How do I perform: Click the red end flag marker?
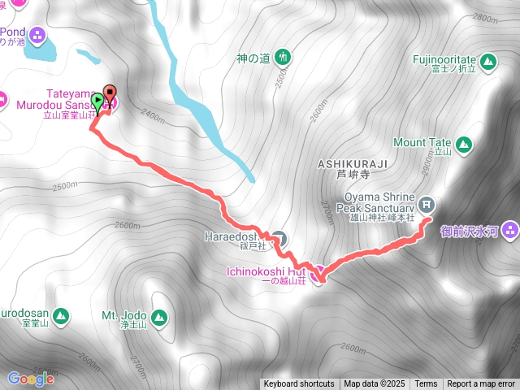pyautogui.click(x=110, y=93)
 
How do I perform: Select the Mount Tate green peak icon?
pyautogui.click(x=462, y=145)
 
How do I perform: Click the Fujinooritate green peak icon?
pyautogui.click(x=487, y=62)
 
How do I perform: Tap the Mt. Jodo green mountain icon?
pyautogui.click(x=158, y=317)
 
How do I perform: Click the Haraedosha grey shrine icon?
pyautogui.click(x=279, y=238)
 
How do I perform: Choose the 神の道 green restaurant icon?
pyautogui.click(x=282, y=58)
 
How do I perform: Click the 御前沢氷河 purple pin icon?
pyautogui.click(x=510, y=230)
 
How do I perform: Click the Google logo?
pyautogui.click(x=31, y=379)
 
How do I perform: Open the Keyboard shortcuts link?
pyautogui.click(x=298, y=384)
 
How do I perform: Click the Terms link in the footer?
pyautogui.click(x=426, y=384)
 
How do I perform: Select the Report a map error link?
pyautogui.click(x=481, y=384)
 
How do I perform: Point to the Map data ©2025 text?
pyautogui.click(x=373, y=384)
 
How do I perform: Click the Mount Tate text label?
pyautogui.click(x=421, y=142)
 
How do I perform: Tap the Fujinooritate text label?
pyautogui.click(x=442, y=59)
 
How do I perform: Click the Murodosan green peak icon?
pyautogui.click(x=62, y=316)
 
